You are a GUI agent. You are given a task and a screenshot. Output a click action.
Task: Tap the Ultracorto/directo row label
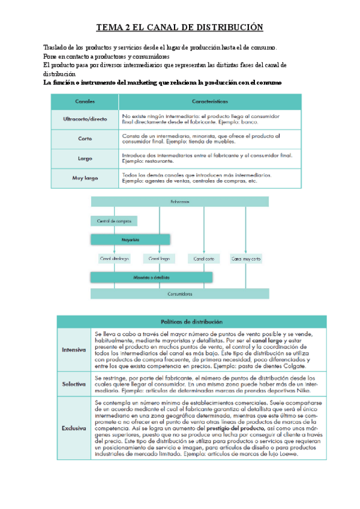pos(85,119)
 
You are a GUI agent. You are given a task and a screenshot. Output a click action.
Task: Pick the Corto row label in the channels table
pos(85,139)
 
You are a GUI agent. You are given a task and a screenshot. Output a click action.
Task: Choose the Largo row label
pos(85,158)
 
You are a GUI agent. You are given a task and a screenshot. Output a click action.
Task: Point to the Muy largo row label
pos(85,178)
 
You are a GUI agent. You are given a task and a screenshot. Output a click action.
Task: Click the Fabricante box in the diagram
pos(179,202)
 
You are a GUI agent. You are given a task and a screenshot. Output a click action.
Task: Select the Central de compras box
pos(114,221)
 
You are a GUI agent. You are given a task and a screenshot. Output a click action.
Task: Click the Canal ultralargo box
pos(114,259)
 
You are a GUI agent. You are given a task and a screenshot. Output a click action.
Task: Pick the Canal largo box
pos(158,259)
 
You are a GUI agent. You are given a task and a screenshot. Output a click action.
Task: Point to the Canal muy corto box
pos(246,259)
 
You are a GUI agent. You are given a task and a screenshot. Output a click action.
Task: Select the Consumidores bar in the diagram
pos(179,295)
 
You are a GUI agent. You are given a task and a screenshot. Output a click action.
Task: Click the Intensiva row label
pos(73,349)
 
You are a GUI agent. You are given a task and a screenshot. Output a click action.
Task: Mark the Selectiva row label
pos(73,382)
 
